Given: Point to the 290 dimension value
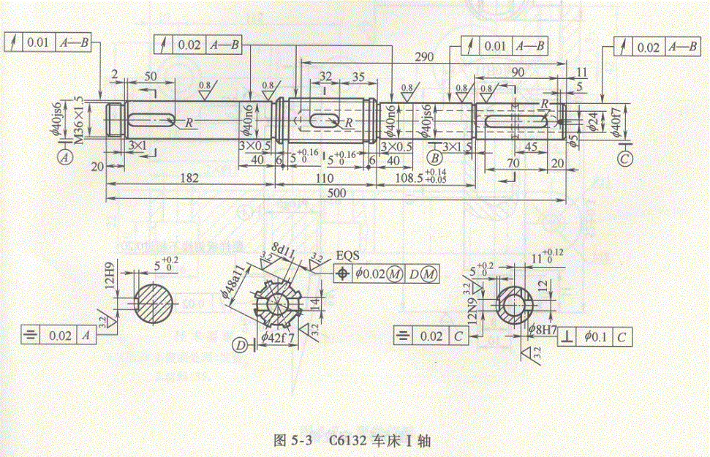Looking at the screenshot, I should [423, 56].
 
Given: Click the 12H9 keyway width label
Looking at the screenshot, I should [107, 274].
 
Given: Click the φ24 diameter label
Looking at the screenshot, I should [592, 119].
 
